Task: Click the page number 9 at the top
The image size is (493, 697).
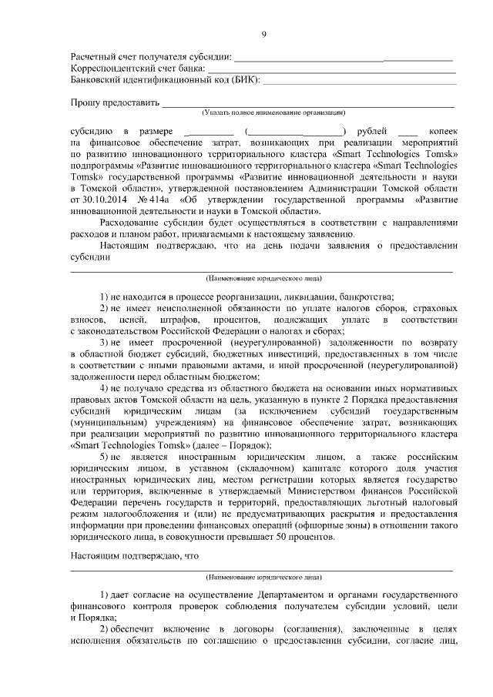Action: pos(263,34)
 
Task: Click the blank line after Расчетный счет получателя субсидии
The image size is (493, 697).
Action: pos(343,58)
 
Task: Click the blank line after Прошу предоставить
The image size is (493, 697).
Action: pos(308,103)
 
